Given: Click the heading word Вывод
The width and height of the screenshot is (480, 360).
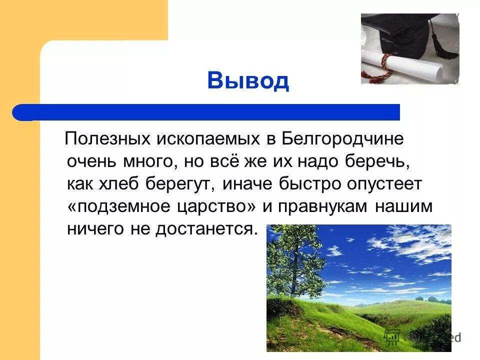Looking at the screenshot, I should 248,80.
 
